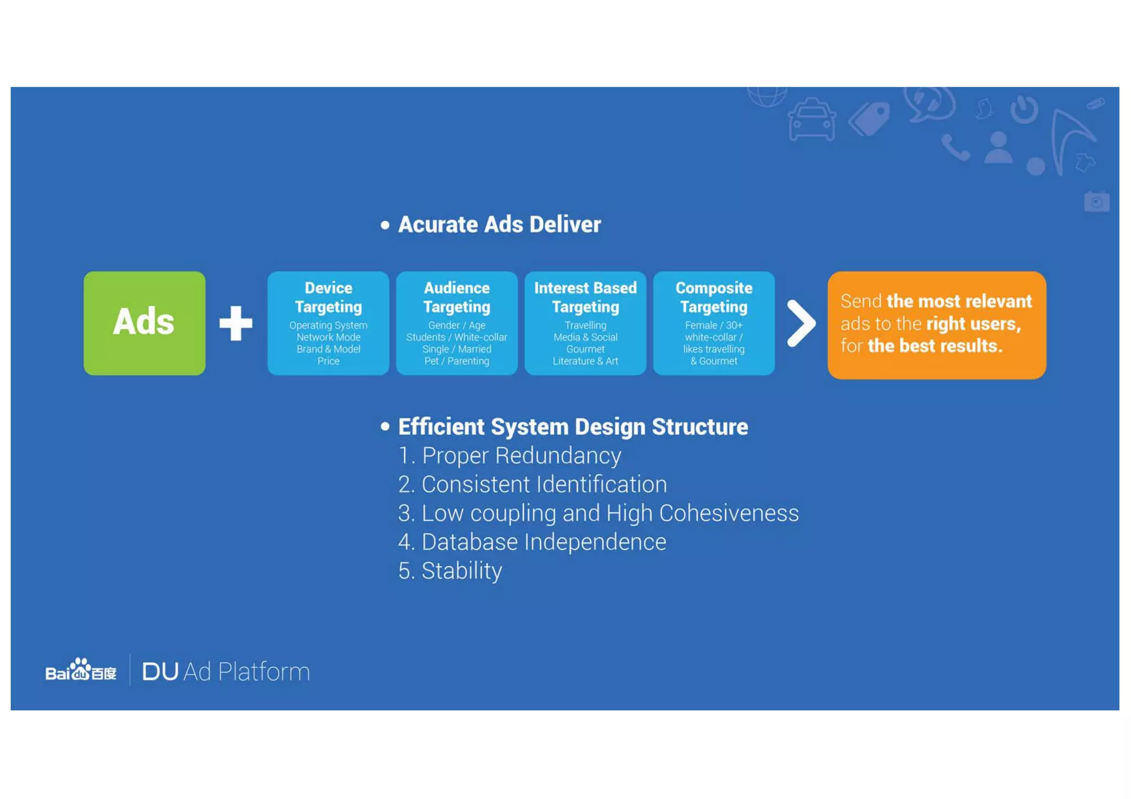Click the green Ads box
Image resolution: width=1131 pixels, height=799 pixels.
click(144, 323)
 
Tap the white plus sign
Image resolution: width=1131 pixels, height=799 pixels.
click(236, 323)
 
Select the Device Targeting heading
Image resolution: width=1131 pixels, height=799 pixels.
click(328, 297)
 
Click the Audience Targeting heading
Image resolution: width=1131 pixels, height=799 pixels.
click(457, 297)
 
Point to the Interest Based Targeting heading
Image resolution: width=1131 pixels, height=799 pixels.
click(585, 297)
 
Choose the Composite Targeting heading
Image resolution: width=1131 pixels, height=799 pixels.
click(714, 297)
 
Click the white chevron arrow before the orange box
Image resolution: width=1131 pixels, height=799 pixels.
click(801, 323)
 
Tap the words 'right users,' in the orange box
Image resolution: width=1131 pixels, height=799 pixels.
click(973, 324)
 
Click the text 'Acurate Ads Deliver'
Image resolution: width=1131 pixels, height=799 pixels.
click(499, 225)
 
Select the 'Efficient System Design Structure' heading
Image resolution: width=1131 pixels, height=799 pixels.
click(573, 427)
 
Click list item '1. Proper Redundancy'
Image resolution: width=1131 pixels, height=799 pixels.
click(510, 456)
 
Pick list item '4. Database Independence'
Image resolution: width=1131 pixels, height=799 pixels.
click(532, 542)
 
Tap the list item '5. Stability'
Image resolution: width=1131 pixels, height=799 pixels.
click(450, 571)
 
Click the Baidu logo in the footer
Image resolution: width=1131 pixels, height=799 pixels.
click(81, 670)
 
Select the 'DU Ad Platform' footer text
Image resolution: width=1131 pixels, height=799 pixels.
click(226, 672)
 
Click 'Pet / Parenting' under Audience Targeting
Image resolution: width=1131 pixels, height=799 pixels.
click(457, 361)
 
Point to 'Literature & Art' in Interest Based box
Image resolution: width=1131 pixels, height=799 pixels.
click(585, 361)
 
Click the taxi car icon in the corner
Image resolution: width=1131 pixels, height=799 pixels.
click(811, 120)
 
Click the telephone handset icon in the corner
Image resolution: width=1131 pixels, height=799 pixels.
click(955, 148)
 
